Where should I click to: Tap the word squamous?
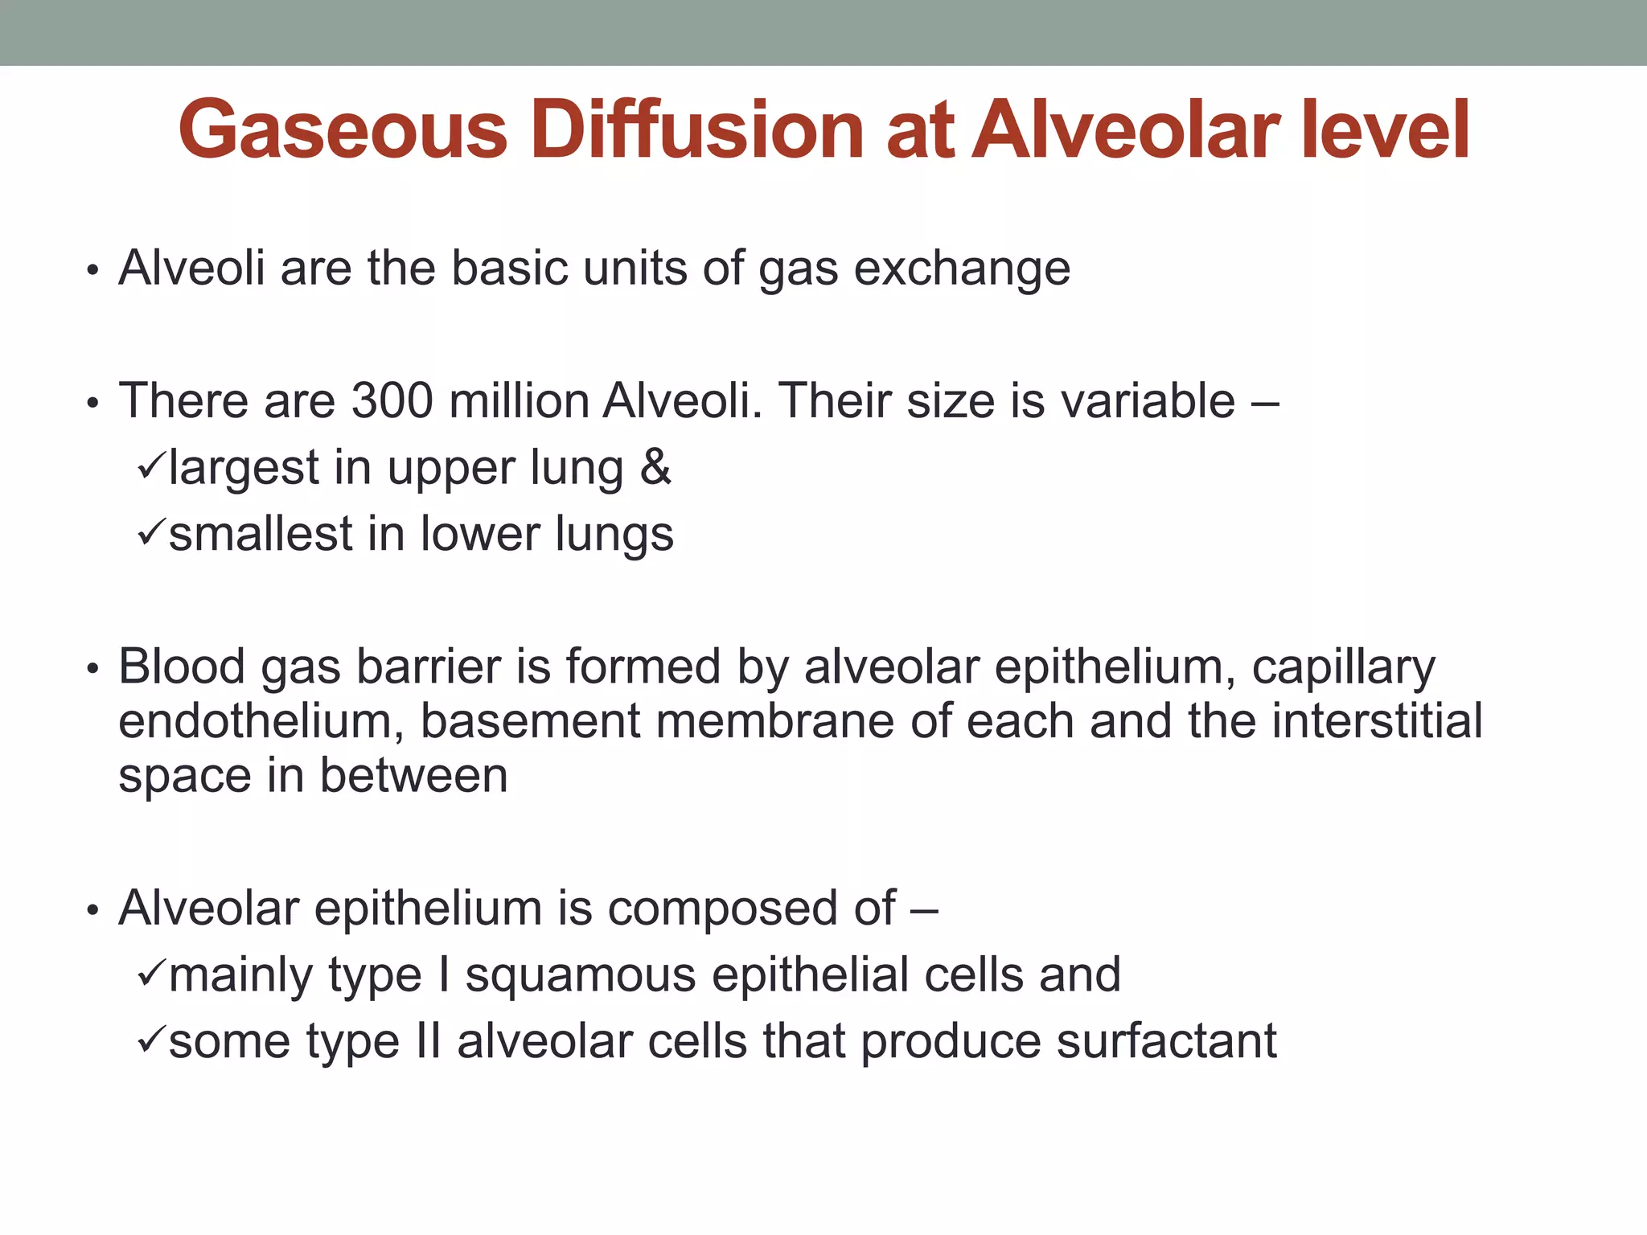(x=581, y=976)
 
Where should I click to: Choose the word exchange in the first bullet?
(x=962, y=269)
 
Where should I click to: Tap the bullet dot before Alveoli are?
(x=93, y=271)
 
